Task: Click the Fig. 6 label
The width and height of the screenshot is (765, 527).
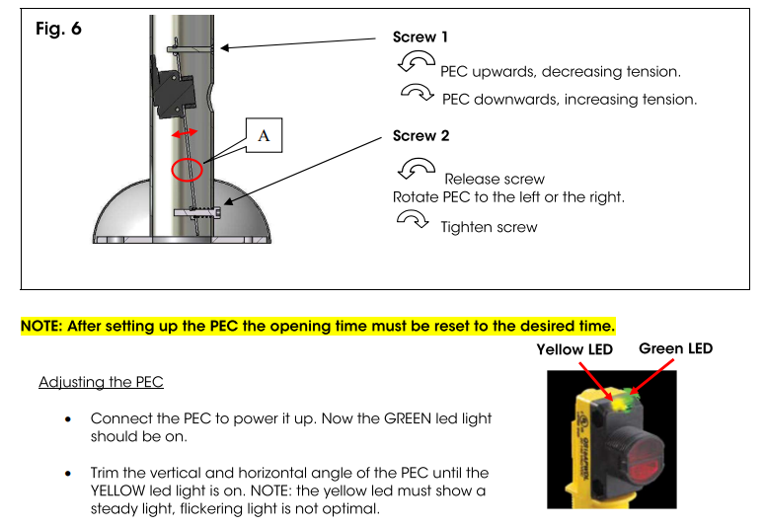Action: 58,29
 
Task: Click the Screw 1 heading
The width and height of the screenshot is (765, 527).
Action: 421,38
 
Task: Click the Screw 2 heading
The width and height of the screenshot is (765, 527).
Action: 421,136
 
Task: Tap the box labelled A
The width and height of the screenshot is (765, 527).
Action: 264,136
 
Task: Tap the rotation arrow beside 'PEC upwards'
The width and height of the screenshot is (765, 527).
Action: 416,63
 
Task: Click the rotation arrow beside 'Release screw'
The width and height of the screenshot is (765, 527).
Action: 415,164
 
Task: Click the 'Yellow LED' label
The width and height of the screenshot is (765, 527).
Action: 574,349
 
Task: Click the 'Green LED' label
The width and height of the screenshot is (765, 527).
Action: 675,348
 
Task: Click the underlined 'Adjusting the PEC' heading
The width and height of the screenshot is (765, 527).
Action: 100,382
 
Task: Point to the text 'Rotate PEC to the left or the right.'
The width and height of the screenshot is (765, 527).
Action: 508,197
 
